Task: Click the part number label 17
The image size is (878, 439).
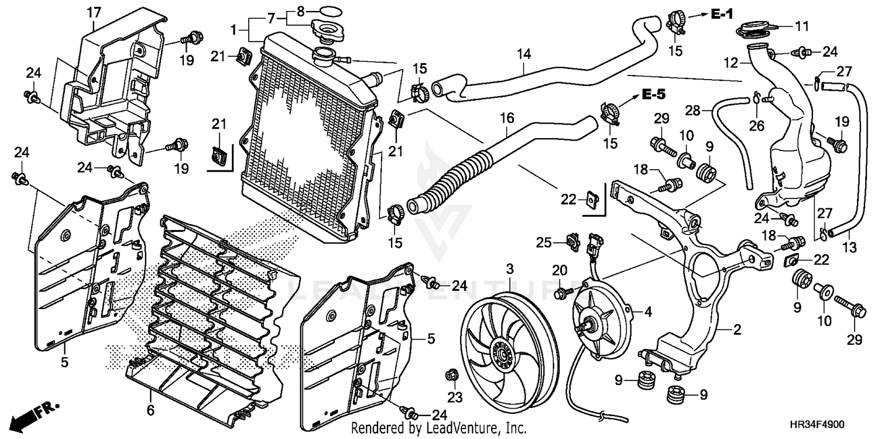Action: click(x=94, y=11)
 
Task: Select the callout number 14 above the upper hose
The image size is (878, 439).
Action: click(x=523, y=54)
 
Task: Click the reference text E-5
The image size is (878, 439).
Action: click(x=653, y=94)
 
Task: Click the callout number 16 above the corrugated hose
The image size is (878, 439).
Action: click(x=506, y=118)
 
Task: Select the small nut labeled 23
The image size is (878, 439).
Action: click(x=452, y=375)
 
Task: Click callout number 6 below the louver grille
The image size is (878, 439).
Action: click(x=150, y=410)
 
